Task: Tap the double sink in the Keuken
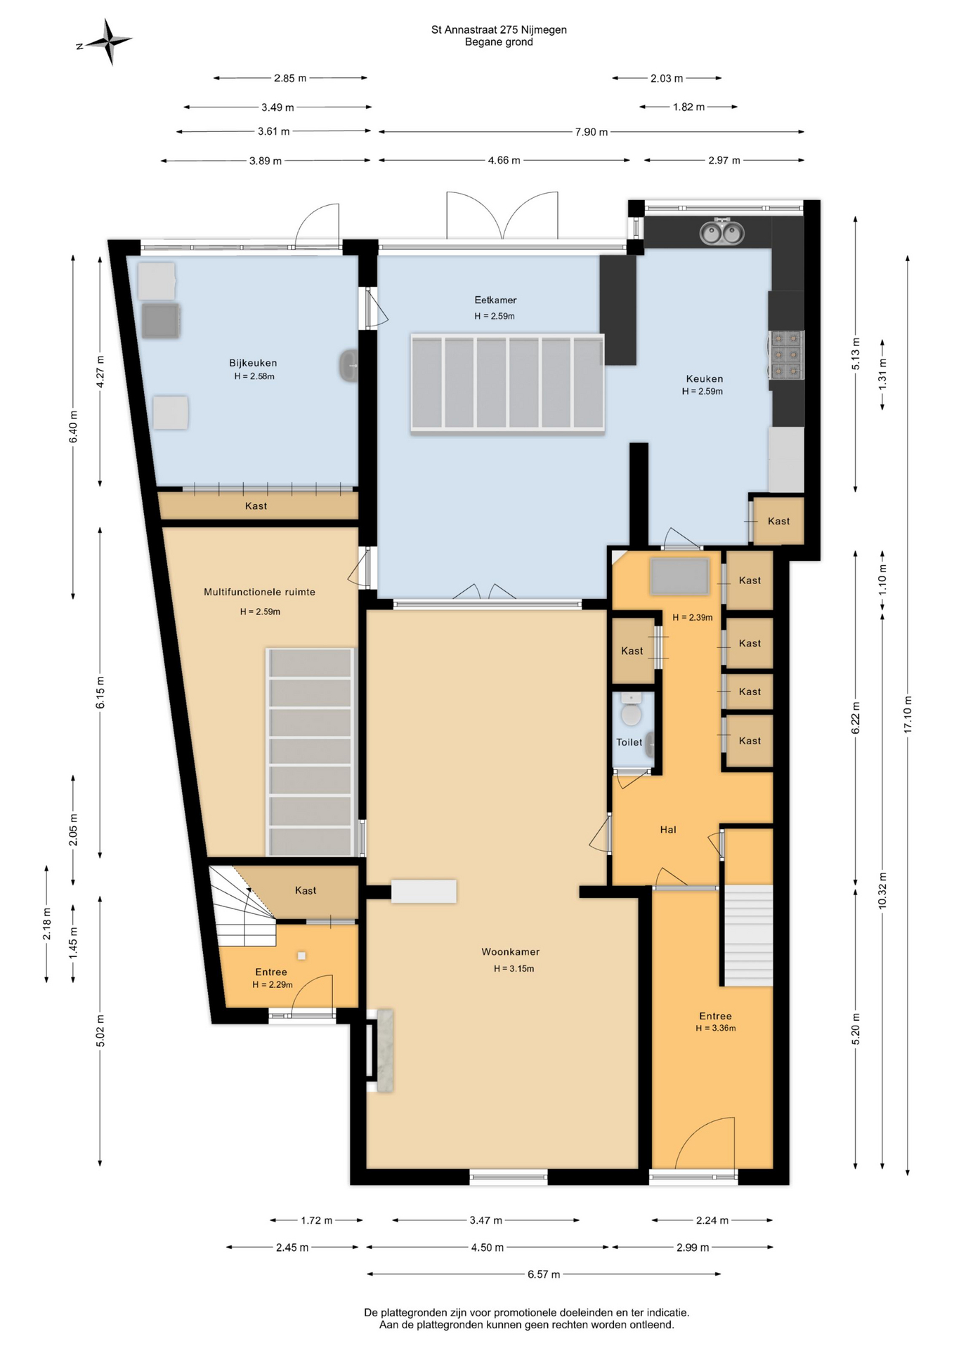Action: [x=721, y=232]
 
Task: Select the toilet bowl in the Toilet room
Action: [x=631, y=711]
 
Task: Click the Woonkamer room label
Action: [x=511, y=951]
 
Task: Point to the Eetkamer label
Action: [x=495, y=300]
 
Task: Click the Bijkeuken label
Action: [x=253, y=363]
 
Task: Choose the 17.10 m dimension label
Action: [x=908, y=715]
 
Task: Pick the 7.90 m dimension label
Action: [x=592, y=132]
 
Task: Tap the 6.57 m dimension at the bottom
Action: [x=544, y=1274]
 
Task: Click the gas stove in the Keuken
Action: [x=786, y=355]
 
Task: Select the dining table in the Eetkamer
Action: [x=507, y=384]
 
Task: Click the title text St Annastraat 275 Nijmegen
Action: [x=499, y=29]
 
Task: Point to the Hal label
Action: [x=668, y=829]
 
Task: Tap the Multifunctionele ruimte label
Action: [x=259, y=592]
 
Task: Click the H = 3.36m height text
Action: [x=716, y=1028]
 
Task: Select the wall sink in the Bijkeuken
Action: [x=349, y=365]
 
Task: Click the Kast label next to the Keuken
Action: [x=778, y=521]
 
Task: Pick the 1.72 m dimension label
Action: [x=317, y=1220]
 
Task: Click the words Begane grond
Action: [x=499, y=42]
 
